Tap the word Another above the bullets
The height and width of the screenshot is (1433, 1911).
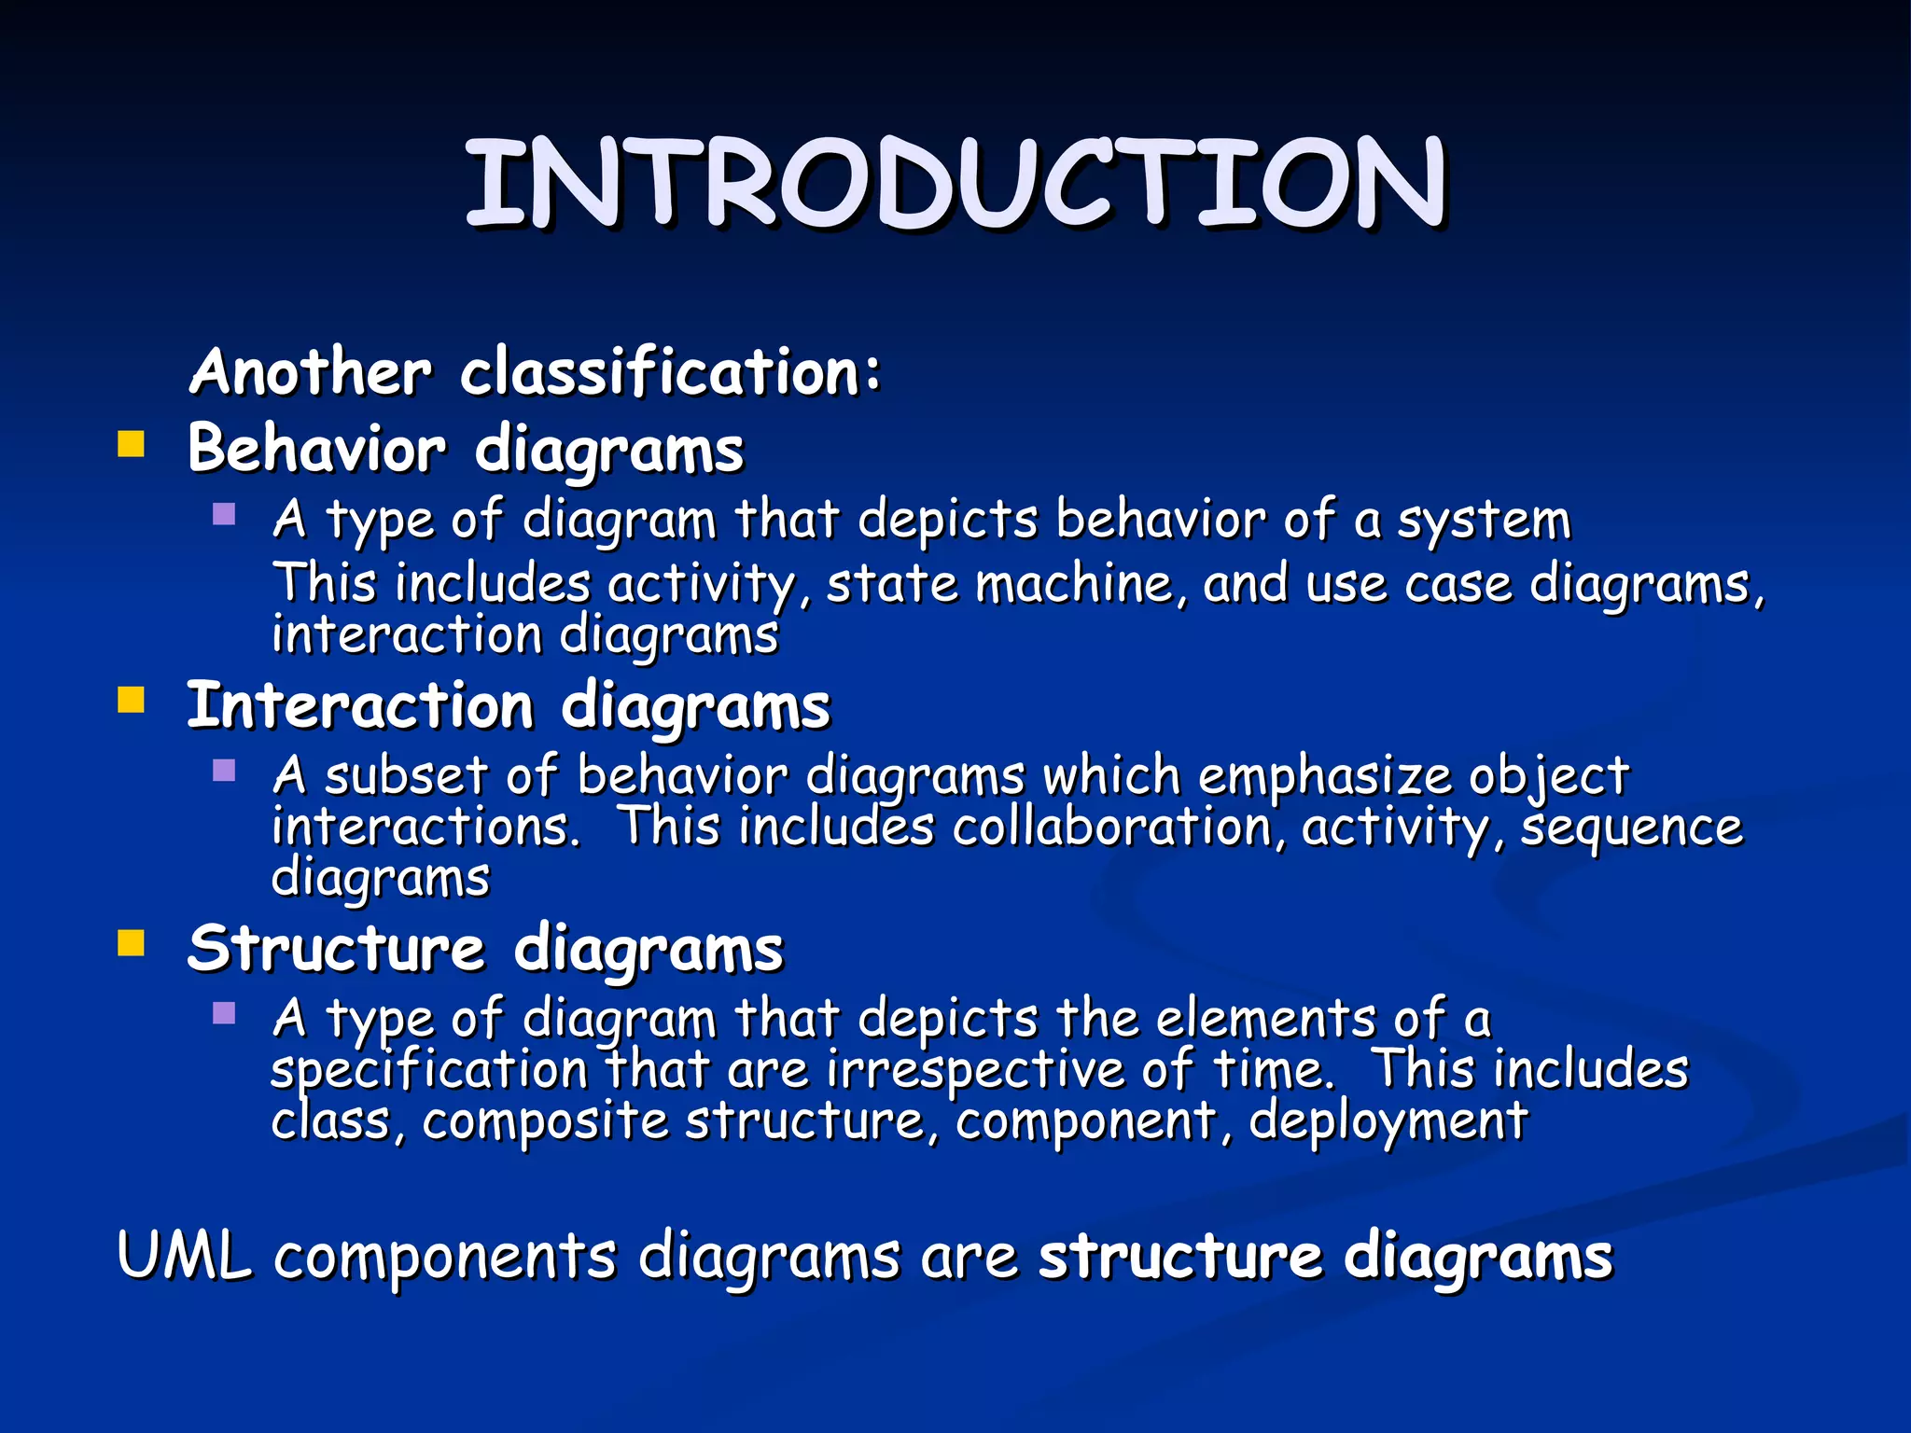[311, 371]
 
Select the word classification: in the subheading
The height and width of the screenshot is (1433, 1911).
[670, 371]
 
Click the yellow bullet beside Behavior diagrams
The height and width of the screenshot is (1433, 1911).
[132, 444]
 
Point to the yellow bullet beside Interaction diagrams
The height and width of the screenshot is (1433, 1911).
[132, 700]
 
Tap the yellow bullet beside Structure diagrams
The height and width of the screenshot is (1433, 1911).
[132, 943]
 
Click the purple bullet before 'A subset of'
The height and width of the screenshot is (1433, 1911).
[224, 771]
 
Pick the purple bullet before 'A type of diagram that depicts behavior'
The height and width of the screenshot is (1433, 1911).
[224, 514]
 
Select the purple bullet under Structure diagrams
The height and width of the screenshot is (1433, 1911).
[224, 1013]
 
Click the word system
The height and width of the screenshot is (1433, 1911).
[1484, 521]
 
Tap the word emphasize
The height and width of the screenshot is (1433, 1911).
[1324, 776]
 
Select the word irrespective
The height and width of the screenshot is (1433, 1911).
[976, 1069]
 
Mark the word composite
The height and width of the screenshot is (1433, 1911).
[545, 1120]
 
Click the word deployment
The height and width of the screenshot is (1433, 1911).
[1388, 1121]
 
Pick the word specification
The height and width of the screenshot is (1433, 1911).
[429, 1069]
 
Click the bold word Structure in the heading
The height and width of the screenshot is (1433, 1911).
[336, 949]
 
